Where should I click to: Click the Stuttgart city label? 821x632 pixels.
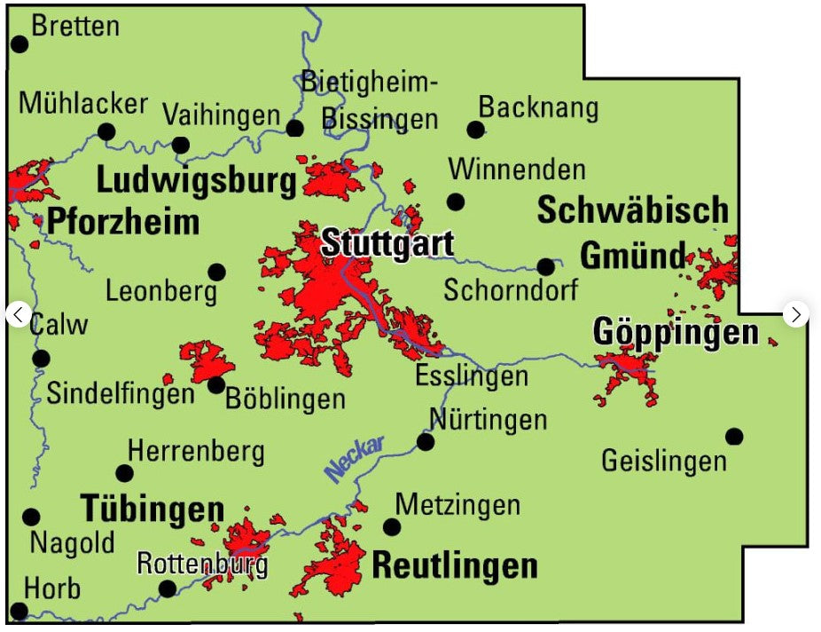pos(387,243)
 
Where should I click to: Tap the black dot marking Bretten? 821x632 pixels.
pos(19,43)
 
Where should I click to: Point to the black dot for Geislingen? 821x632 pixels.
pos(734,436)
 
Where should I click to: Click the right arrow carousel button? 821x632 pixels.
pos(796,314)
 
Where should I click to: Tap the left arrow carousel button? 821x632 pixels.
pos(19,314)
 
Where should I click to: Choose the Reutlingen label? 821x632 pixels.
pos(455,565)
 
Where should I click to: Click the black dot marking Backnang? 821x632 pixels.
pos(476,130)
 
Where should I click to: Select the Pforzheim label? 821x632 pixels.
pos(122,222)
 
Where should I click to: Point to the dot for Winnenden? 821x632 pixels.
pos(456,201)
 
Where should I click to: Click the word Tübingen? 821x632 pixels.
pos(152,510)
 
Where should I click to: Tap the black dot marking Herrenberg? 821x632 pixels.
pos(125,473)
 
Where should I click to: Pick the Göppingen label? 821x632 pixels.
pos(676,333)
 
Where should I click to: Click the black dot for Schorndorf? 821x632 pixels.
pos(546,266)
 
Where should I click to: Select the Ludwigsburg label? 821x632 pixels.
pos(196,180)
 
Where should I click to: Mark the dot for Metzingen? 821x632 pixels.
pos(391,527)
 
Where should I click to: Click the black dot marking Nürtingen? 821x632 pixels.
pos(426,441)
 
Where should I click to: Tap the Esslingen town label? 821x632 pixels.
pos(472,375)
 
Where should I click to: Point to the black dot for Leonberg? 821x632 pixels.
pos(216,272)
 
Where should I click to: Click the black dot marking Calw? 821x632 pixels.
pos(41,359)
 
